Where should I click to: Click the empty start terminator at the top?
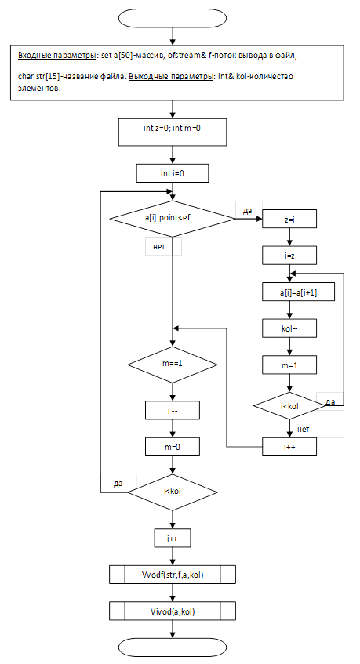173,19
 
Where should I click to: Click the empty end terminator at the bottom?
173,648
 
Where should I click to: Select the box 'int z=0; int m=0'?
173,132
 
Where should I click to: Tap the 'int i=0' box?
173,173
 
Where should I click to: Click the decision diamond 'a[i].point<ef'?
172,219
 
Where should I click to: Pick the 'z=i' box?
289,219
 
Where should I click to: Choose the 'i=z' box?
289,256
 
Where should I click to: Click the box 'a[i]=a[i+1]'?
298,292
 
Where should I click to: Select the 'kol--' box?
289,328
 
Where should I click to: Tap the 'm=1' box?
289,365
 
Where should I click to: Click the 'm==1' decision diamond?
173,365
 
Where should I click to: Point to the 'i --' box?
173,410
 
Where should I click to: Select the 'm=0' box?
173,446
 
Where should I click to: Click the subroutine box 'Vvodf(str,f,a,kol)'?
173,575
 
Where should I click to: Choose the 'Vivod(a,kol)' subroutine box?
173,611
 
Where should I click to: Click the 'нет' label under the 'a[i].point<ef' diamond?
159,246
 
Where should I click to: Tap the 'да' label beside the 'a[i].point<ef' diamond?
247,210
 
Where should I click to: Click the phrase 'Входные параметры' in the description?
56,56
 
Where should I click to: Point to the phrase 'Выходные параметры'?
171,77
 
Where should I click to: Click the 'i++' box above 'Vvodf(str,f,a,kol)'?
173,539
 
